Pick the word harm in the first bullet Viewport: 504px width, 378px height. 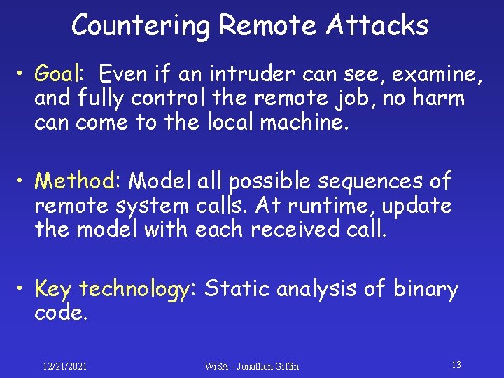coord(440,98)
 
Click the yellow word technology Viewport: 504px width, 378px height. coord(132,289)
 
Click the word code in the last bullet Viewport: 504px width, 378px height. coord(60,314)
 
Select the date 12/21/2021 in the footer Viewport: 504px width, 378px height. coord(64,366)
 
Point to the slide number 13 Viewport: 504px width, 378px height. coord(456,365)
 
